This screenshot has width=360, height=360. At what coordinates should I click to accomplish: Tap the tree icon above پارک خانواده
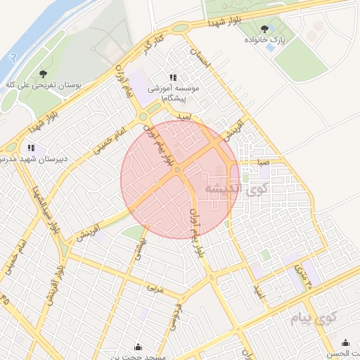[264, 29]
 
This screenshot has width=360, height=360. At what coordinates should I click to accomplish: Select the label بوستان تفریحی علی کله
[44, 84]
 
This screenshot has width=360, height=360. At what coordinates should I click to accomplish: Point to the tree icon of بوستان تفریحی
[44, 72]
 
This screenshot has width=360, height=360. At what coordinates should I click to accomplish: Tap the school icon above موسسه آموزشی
[173, 78]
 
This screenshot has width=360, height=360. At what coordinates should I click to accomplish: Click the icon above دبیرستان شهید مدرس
[30, 148]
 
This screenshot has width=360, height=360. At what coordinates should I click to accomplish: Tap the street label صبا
[262, 162]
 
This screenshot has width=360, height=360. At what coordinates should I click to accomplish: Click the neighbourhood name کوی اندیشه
[233, 188]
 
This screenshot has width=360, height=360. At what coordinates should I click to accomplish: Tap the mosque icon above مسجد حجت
[137, 347]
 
